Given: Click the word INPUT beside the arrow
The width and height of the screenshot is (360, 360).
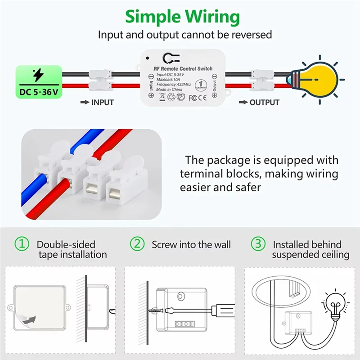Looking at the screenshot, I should click(x=103, y=102).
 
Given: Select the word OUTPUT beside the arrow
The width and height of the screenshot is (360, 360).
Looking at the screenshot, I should click(x=264, y=102).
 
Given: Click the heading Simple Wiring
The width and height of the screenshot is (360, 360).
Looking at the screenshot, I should click(x=182, y=17).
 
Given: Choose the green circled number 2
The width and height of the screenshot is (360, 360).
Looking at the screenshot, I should click(x=137, y=244).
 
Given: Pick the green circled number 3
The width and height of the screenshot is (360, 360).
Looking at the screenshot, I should click(x=258, y=244).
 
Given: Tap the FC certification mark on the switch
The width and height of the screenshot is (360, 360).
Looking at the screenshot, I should click(x=193, y=97).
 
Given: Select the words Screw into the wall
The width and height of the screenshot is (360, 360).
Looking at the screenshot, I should click(x=191, y=245).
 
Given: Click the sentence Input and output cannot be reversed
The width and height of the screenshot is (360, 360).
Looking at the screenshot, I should click(x=185, y=35).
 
